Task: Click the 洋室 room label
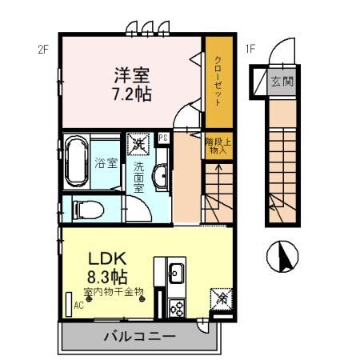[x=131, y=76]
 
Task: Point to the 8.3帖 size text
[x=106, y=277]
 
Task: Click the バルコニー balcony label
[x=138, y=337]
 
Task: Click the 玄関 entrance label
[x=280, y=81]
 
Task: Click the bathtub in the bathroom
[x=76, y=161]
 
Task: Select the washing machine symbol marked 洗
[x=138, y=145]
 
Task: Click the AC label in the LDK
[x=78, y=305]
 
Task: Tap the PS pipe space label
[x=163, y=138]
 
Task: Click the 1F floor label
[x=250, y=49]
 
